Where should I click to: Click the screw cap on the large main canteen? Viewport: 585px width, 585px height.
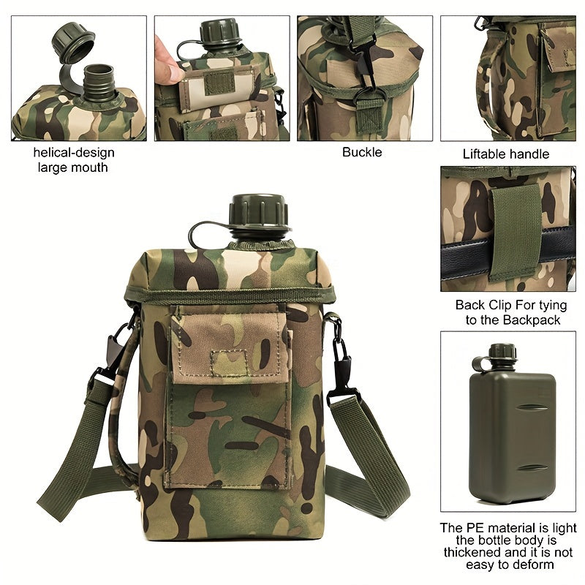pyautogui.click(x=259, y=212)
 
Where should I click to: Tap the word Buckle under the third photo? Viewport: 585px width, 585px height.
pyautogui.click(x=362, y=152)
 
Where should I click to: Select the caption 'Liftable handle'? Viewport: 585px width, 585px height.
pyautogui.click(x=506, y=154)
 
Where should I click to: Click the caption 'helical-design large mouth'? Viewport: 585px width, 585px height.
pyautogui.click(x=74, y=159)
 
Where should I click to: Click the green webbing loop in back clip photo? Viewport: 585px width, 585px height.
pyautogui.click(x=515, y=230)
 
